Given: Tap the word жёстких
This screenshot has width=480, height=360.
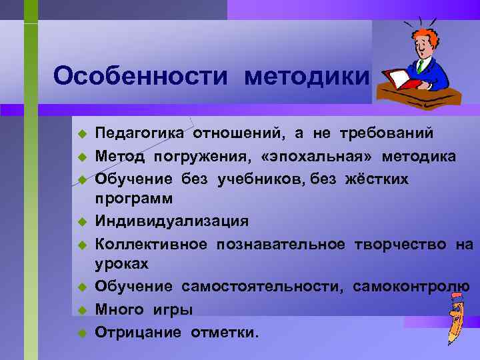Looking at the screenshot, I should tap(377, 178).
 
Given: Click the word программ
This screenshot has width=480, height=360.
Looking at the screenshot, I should tap(134, 199).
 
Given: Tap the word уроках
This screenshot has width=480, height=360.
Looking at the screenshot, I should tap(121, 265).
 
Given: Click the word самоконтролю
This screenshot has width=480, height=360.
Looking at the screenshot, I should tap(411, 287).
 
